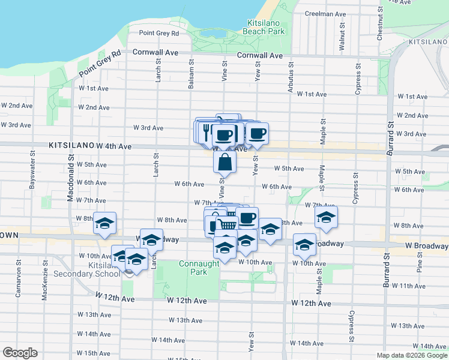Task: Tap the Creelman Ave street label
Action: pyautogui.click(x=325, y=14)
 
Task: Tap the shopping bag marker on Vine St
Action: pyautogui.click(x=224, y=161)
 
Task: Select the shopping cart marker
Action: pyautogui.click(x=227, y=224)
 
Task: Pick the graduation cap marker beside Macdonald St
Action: pyautogui.click(x=104, y=223)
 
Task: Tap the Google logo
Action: pyautogui.click(x=19, y=353)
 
